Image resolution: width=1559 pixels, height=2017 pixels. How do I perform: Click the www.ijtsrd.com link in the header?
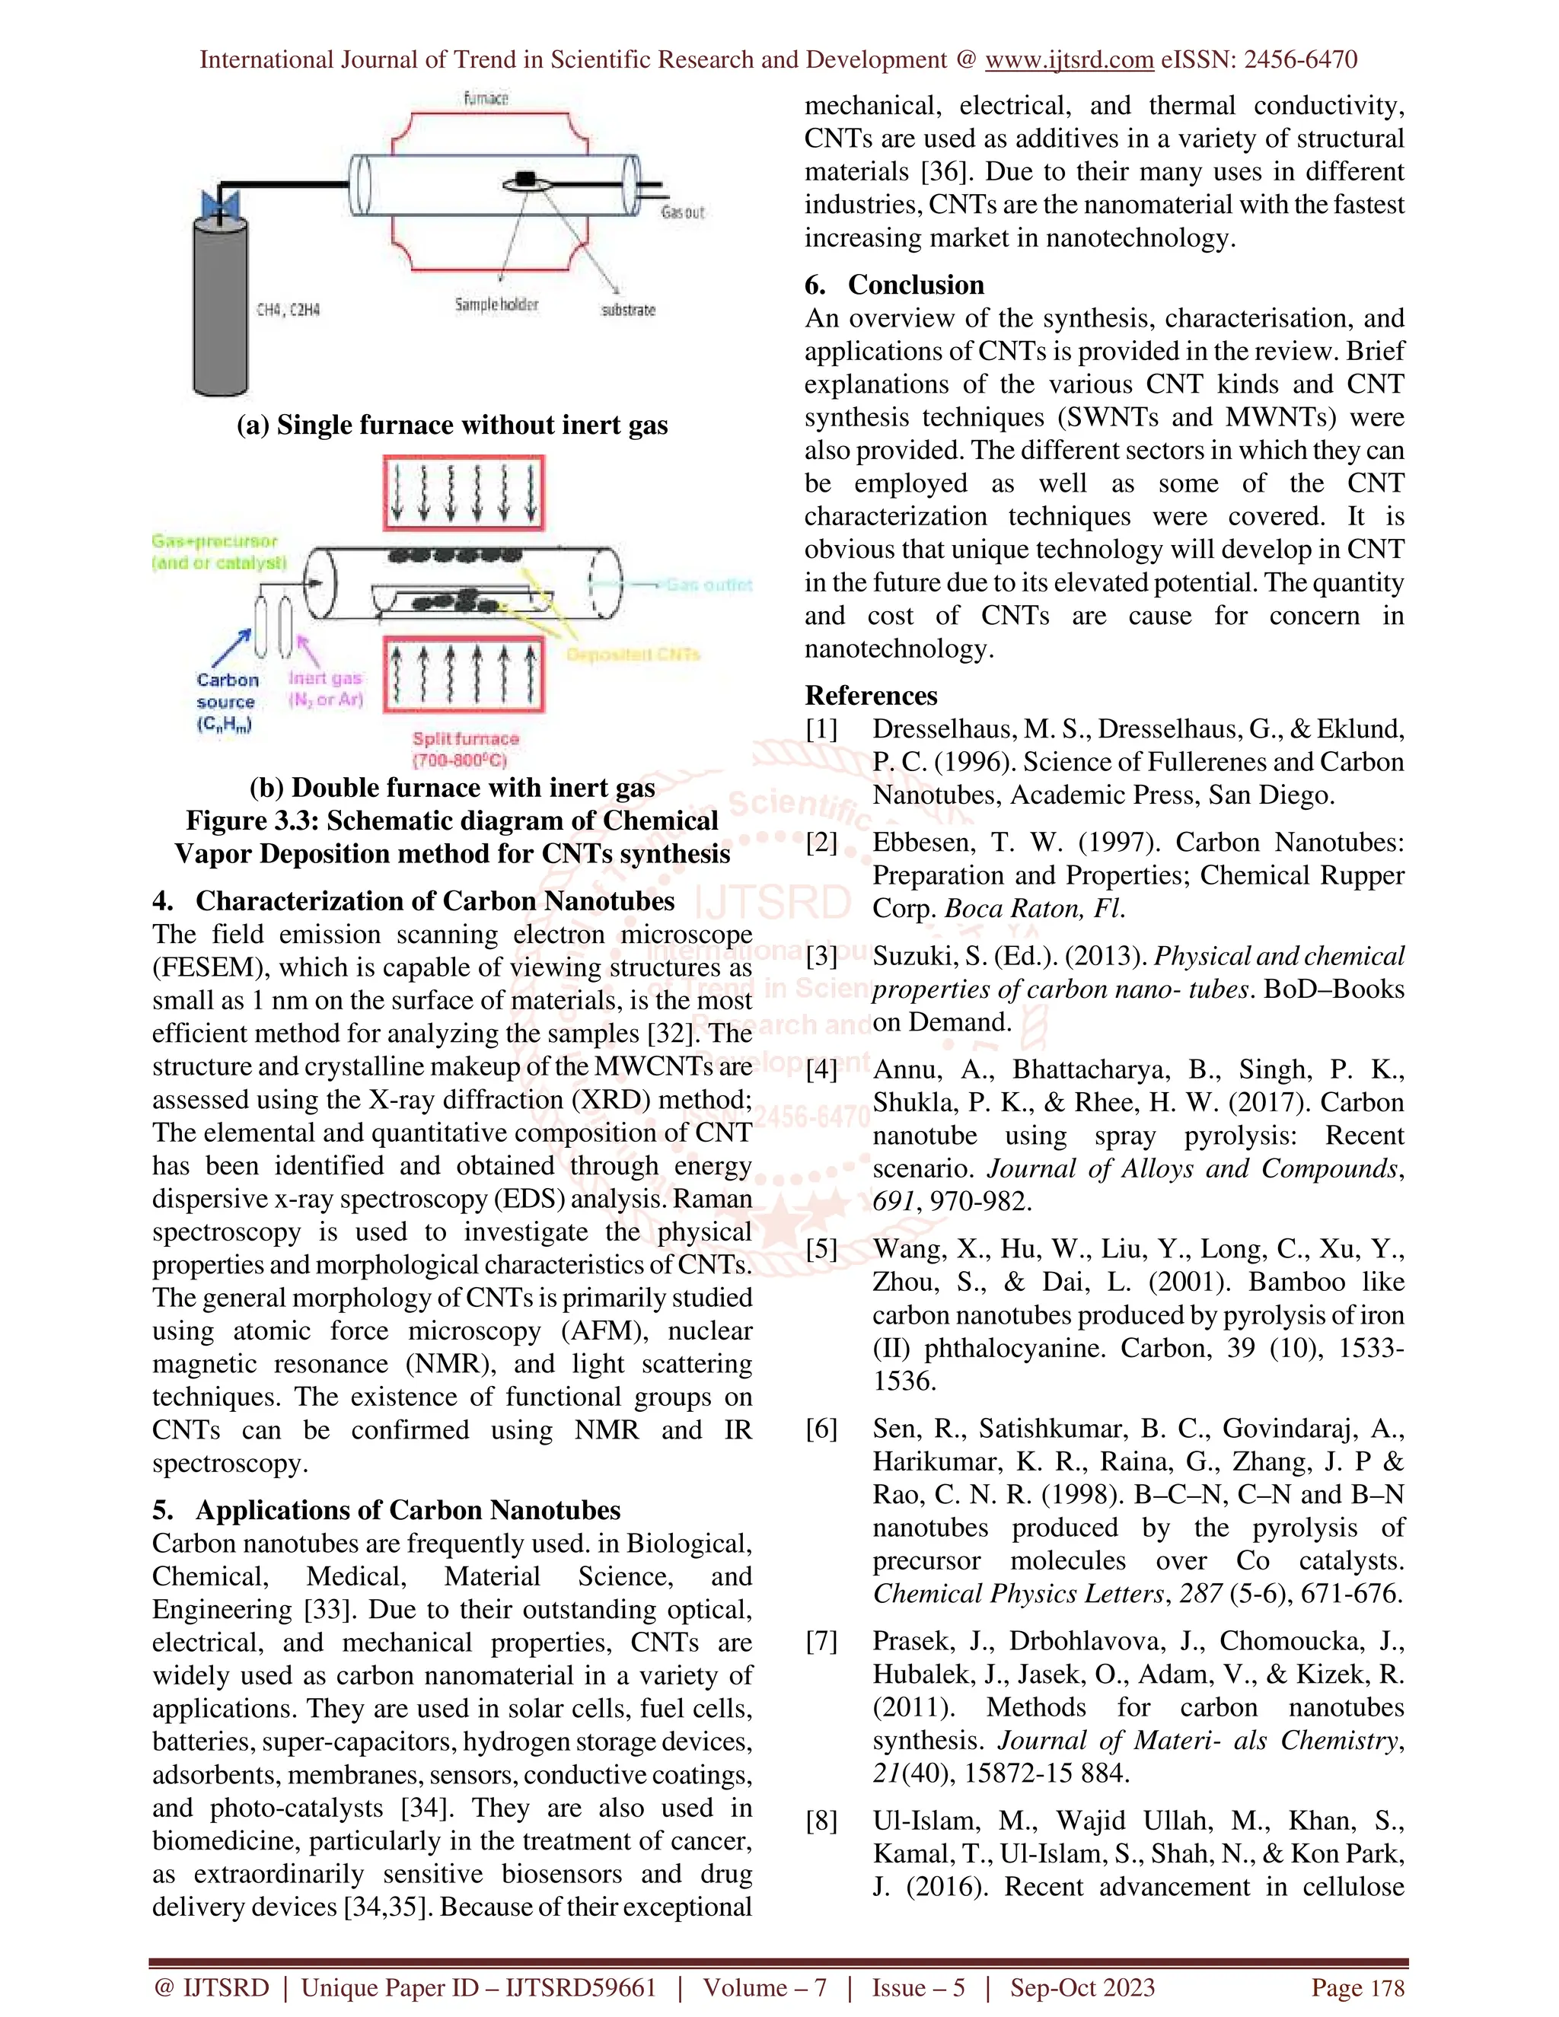coord(1069,60)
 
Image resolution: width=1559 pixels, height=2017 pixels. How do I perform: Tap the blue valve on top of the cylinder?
coord(221,205)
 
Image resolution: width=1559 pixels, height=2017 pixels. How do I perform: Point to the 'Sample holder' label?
coord(496,304)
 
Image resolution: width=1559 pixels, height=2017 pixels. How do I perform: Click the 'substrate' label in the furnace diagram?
coord(628,311)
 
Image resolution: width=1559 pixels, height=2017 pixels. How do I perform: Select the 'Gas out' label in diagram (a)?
coord(683,212)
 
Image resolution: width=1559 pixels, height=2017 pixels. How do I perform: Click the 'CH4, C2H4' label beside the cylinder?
coord(289,311)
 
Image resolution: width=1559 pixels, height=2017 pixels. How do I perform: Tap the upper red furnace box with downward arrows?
coord(464,493)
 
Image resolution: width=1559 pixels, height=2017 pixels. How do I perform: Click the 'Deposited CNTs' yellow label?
coord(633,655)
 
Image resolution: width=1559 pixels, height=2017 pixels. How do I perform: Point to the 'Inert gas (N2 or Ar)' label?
coord(325,689)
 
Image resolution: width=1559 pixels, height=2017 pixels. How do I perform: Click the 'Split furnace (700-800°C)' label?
coord(465,749)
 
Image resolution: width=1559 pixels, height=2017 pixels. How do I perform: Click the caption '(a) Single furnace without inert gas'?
coord(451,425)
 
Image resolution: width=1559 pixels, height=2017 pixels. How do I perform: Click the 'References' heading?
coord(871,696)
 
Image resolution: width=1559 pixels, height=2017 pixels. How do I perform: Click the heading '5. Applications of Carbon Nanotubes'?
coord(386,1510)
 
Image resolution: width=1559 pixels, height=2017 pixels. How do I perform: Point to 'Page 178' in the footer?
coord(1357,1987)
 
